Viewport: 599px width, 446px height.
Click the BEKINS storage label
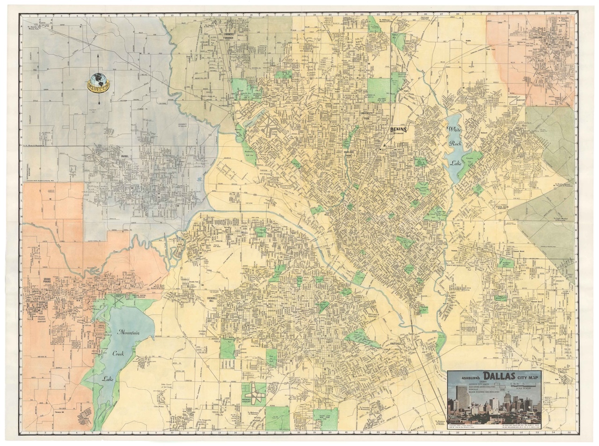click(399, 131)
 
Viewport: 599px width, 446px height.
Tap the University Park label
click(366, 115)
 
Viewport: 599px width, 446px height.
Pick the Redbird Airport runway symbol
click(254, 393)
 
